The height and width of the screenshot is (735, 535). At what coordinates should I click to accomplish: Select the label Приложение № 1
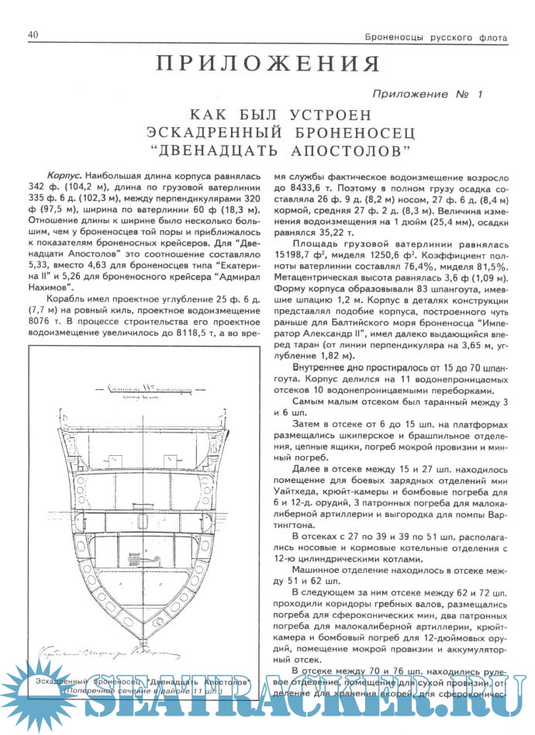pos(427,94)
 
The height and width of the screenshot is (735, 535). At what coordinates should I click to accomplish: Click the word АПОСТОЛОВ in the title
pos(333,147)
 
